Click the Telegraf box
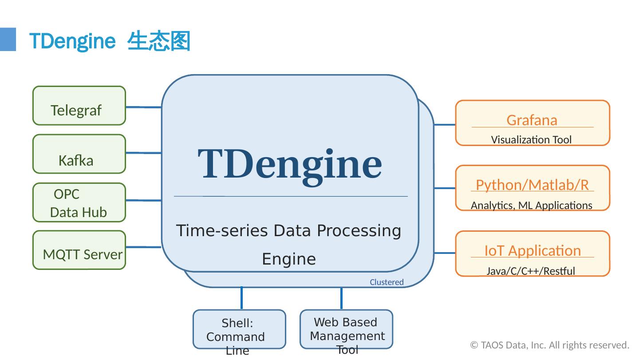(x=79, y=106)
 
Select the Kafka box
(x=79, y=154)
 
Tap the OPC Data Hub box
(x=79, y=202)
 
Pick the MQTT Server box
(x=79, y=250)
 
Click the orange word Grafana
(x=532, y=120)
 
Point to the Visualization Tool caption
(x=531, y=140)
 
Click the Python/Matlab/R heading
(x=532, y=185)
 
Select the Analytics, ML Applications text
(x=532, y=206)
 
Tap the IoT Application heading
(x=532, y=251)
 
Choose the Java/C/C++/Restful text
(x=531, y=271)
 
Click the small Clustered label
(x=387, y=282)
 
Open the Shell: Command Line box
(x=239, y=329)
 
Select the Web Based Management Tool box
(x=346, y=329)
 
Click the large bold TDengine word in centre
(x=289, y=165)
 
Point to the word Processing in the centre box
(x=359, y=230)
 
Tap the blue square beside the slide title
(x=8, y=40)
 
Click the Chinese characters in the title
(x=158, y=41)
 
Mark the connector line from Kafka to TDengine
(x=144, y=153)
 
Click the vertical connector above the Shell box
(x=241, y=298)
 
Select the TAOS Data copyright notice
(x=549, y=345)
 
